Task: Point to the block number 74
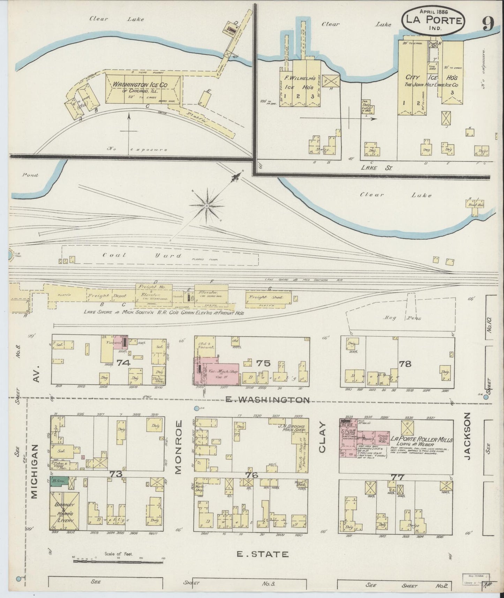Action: point(124,363)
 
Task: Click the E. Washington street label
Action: point(268,399)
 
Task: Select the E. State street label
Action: point(263,554)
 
